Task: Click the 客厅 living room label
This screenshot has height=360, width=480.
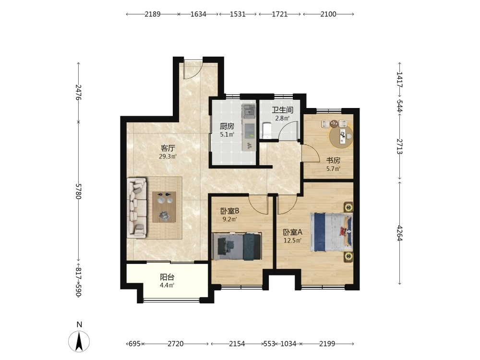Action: [168, 148]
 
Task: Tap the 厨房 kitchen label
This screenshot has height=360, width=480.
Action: [227, 126]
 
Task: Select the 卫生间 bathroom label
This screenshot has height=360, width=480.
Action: [283, 110]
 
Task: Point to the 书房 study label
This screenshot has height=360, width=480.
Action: [333, 160]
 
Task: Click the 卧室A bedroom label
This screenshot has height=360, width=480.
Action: [293, 232]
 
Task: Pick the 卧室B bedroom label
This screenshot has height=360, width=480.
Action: [229, 211]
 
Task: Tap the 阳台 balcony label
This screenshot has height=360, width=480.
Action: [167, 277]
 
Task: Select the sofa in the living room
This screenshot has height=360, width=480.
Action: [137, 208]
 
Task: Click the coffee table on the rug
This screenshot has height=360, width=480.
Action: [164, 207]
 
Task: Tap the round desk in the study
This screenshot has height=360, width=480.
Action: [341, 137]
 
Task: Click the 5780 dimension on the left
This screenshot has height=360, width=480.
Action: [78, 192]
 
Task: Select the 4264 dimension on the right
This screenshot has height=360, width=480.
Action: [399, 233]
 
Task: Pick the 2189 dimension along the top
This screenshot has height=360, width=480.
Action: [153, 14]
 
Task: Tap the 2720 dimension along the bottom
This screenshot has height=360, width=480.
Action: [176, 344]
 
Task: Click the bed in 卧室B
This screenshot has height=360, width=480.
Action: [237, 246]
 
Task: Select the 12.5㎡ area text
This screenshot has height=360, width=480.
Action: [293, 240]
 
